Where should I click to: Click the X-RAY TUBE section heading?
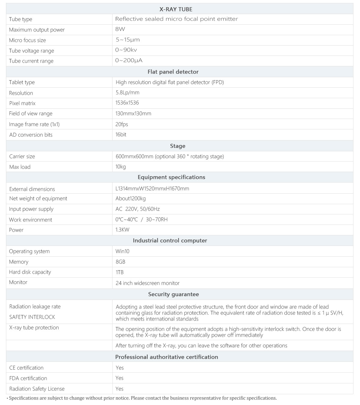coord(176,9)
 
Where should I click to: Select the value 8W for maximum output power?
coord(120,29)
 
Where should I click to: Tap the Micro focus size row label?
coord(27,40)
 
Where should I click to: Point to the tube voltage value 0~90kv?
coord(126,50)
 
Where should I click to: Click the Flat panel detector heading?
coord(173,72)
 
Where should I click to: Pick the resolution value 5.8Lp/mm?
coord(127,92)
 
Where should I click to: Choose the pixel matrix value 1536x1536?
coord(127,103)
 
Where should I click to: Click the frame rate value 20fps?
coord(122,124)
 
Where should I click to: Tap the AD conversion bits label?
coord(31,135)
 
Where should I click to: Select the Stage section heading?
coord(178,146)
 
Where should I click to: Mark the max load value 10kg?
coord(121,167)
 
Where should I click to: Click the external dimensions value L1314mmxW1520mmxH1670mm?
coord(152,189)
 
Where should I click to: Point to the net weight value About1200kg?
coord(130,198)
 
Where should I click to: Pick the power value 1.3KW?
coord(122,230)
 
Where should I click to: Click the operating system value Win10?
coord(122,251)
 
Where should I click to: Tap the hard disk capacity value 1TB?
coord(119,272)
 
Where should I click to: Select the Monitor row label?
coord(18,282)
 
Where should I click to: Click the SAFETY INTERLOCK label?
coord(32,317)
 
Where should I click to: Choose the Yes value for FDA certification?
coord(119,378)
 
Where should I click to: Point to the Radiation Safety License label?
coord(37,389)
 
